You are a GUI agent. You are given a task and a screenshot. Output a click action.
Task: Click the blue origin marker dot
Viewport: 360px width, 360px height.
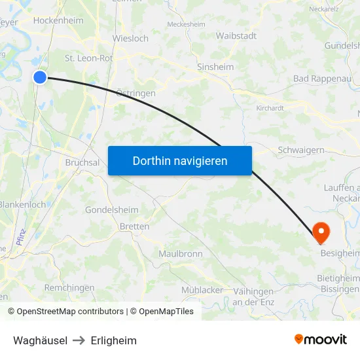[40, 77]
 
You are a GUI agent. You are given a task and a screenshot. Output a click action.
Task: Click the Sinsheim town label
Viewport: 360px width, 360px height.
[215, 67]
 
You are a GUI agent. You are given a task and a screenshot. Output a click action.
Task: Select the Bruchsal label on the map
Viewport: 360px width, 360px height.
[82, 162]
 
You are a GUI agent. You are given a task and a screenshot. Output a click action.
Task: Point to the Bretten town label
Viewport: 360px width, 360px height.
[134, 226]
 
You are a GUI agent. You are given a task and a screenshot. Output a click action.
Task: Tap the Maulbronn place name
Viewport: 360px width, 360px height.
[181, 253]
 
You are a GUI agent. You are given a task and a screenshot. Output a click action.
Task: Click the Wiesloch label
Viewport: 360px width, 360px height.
[130, 39]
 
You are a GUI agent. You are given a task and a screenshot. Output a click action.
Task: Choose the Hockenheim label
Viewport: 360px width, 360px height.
[58, 21]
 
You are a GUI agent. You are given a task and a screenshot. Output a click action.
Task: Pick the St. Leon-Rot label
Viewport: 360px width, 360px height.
[89, 58]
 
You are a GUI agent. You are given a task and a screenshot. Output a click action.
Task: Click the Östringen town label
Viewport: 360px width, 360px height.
[135, 93]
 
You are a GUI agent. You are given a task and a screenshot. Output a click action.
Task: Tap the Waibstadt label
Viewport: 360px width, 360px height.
[236, 36]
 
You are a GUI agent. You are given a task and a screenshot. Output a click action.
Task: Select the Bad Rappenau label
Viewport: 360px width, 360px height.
[318, 79]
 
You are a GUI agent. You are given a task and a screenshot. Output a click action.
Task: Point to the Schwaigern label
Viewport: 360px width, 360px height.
[301, 150]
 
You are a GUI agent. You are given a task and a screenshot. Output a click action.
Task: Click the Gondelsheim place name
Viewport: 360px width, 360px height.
[112, 210]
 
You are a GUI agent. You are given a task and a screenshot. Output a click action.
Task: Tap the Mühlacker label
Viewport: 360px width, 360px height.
[202, 290]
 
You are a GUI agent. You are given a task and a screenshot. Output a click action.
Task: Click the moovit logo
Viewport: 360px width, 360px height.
[321, 339]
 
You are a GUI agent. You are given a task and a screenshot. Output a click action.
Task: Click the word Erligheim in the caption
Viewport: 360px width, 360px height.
[114, 340]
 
